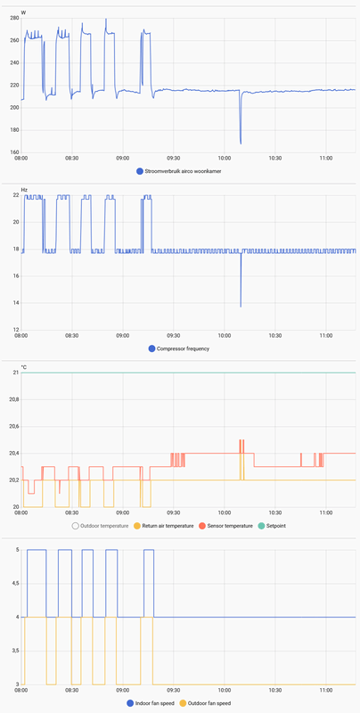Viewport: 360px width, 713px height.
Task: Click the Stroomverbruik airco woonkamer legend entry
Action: point(179,171)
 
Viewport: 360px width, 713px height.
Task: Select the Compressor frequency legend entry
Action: point(179,348)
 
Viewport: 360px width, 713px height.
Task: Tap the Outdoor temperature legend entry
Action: point(102,526)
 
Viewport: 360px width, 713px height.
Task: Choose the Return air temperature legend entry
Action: point(166,526)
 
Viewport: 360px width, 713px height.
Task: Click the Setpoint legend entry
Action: point(275,526)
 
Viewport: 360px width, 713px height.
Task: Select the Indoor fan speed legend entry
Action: point(148,703)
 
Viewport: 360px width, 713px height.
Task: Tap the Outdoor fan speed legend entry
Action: point(209,703)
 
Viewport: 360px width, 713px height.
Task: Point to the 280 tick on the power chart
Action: point(14,19)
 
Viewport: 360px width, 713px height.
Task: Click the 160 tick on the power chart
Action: point(14,152)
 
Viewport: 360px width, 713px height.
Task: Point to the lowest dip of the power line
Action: point(241,143)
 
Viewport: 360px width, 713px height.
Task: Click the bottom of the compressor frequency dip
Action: point(241,307)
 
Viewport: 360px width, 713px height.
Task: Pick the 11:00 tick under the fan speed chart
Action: point(326,690)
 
